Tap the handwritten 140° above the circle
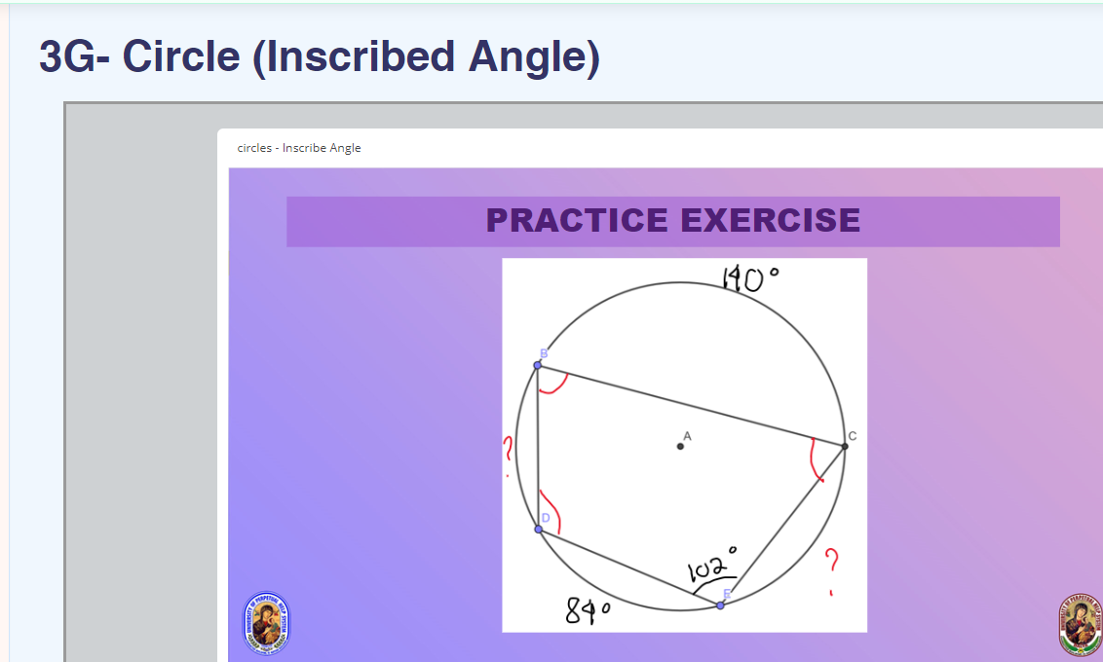[749, 278]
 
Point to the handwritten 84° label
[588, 611]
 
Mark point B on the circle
[538, 366]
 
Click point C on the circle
[845, 446]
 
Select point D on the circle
[539, 530]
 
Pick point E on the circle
[720, 606]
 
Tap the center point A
[680, 446]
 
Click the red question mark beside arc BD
[508, 453]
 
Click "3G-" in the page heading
[75, 57]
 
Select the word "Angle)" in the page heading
[534, 57]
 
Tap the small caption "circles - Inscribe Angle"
[299, 148]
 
